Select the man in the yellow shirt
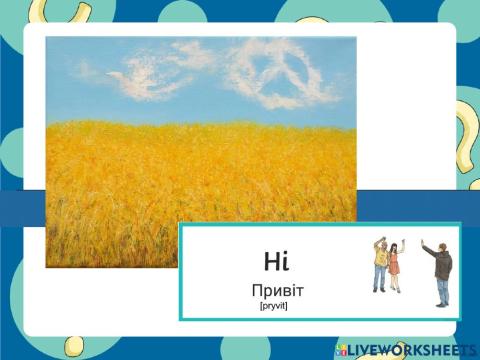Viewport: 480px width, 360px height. tap(380, 265)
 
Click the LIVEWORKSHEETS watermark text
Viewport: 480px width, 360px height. tap(412, 349)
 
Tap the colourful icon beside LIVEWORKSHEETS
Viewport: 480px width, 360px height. tap(342, 349)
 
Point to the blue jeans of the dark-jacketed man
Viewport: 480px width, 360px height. tap(442, 291)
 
